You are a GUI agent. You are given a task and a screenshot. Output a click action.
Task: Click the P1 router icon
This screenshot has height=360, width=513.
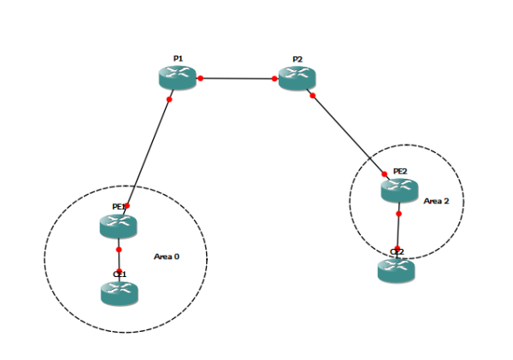click(178, 78)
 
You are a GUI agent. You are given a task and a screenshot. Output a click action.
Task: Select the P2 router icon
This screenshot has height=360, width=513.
click(297, 78)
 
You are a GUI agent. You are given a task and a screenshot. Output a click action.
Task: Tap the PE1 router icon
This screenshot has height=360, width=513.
click(118, 226)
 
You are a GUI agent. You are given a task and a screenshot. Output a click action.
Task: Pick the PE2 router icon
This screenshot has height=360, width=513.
click(398, 190)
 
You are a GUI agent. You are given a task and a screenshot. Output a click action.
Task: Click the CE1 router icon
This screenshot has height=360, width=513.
click(119, 293)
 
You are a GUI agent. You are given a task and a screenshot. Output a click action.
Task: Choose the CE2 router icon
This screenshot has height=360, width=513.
click(396, 271)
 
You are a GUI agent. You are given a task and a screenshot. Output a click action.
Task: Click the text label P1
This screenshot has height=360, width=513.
click(178, 58)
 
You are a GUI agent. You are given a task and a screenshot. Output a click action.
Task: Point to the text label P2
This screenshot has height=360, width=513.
click(297, 59)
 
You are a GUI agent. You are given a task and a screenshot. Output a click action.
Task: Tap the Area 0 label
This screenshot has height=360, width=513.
click(168, 256)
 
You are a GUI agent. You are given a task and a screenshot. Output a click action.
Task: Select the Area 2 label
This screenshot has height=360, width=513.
click(437, 201)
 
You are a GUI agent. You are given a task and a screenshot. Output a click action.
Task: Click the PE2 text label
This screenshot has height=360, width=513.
click(400, 171)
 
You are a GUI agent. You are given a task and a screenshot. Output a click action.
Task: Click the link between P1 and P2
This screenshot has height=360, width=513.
click(238, 79)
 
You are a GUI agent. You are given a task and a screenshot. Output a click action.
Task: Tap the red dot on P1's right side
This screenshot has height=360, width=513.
click(200, 79)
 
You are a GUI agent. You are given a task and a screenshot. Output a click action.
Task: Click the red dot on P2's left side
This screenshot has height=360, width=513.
click(275, 79)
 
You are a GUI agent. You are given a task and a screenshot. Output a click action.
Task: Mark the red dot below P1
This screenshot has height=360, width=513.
click(169, 100)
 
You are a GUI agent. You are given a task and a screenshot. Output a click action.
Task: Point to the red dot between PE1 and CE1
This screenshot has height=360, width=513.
click(119, 250)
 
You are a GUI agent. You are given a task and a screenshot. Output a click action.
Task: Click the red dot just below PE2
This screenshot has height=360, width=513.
click(398, 214)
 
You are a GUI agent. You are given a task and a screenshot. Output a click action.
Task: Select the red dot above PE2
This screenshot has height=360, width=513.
click(384, 174)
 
